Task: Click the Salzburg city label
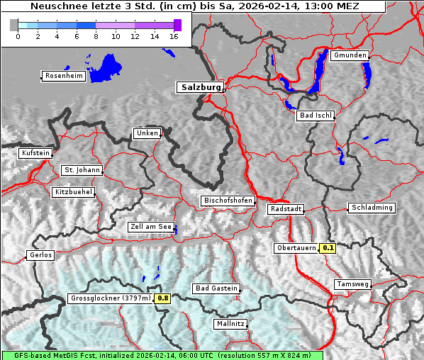[200, 87]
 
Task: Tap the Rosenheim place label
[63, 76]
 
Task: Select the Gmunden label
[350, 55]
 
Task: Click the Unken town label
[147, 133]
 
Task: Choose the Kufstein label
[35, 153]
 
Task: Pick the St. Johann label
[82, 170]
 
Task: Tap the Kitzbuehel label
[73, 192]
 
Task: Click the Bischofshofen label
[228, 201]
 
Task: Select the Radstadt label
[286, 210]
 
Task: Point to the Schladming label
[371, 208]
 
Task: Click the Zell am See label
[151, 227]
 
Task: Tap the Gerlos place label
[40, 255]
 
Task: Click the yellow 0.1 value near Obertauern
[328, 248]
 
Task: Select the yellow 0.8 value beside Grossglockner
[163, 298]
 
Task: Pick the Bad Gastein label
[216, 288]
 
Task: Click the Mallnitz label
[230, 324]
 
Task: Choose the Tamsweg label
[352, 284]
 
